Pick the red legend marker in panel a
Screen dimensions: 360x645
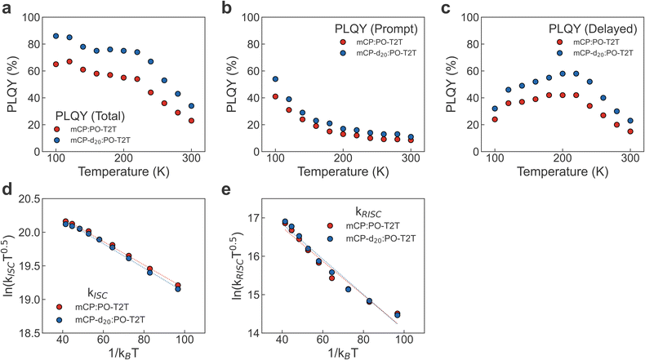click(x=56, y=127)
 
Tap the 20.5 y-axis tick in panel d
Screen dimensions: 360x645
click(x=26, y=199)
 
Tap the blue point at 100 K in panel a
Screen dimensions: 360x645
click(x=56, y=36)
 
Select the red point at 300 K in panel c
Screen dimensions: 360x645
click(x=630, y=131)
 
